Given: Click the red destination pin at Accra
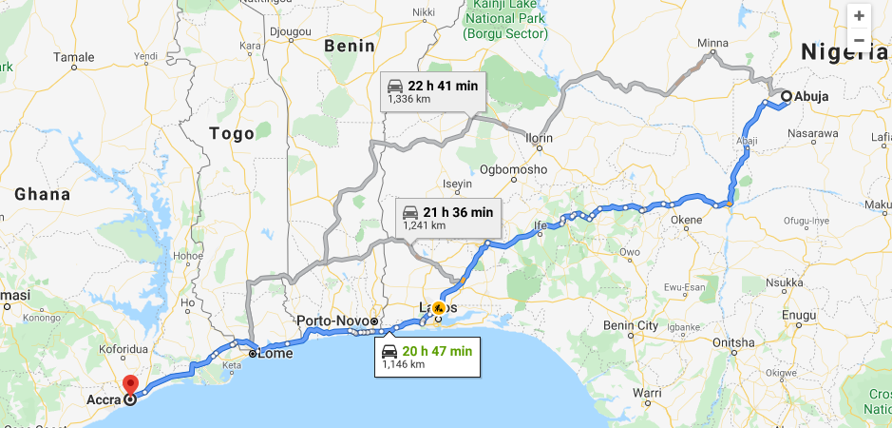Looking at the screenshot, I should [130, 385].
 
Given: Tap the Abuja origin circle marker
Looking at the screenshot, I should [786, 96].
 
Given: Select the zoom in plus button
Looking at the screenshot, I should [859, 15].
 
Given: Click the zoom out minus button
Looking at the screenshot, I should [859, 40].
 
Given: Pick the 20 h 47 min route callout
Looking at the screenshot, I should [427, 357].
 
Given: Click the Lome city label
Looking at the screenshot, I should [275, 354].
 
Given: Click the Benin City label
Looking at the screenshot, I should [630, 325].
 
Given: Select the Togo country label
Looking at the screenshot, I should [232, 133].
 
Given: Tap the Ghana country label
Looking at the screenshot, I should [42, 194].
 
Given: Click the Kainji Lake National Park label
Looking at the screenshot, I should [506, 20].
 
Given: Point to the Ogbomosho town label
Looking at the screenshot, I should [513, 169].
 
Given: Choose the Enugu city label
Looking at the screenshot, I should [797, 314].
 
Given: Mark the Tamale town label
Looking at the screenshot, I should [73, 57].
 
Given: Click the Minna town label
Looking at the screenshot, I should [712, 43].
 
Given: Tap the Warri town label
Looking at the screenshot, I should [647, 392].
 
